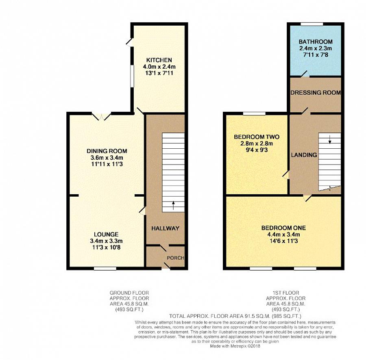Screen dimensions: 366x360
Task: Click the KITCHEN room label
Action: tap(159, 60)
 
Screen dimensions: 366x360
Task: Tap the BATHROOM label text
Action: tap(316, 42)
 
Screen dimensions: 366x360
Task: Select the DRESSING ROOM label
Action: tap(316, 93)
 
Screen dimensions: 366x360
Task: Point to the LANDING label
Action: tap(304, 155)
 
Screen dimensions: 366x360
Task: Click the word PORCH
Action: tap(176, 258)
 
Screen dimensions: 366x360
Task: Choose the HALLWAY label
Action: tap(165, 228)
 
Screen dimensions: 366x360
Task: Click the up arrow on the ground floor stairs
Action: tap(173, 206)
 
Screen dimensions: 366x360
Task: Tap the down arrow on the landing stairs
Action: tap(329, 139)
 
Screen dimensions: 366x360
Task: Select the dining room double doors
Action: tap(101, 116)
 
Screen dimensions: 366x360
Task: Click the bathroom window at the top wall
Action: tap(312, 24)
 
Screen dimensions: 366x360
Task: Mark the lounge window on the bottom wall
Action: tap(105, 269)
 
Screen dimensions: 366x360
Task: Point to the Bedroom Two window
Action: tap(254, 113)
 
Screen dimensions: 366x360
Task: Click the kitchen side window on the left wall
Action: tap(132, 76)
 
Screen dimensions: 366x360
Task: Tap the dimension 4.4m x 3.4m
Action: tap(283, 234)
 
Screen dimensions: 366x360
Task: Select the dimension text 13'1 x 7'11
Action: tap(159, 73)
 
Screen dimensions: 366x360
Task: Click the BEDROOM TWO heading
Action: tap(257, 137)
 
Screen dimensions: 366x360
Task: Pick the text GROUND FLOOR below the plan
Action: tap(129, 293)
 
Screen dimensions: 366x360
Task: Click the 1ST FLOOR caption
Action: tap(286, 293)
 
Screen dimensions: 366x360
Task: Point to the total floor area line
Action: tap(235, 316)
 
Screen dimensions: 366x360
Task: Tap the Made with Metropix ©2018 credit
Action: tap(235, 346)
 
